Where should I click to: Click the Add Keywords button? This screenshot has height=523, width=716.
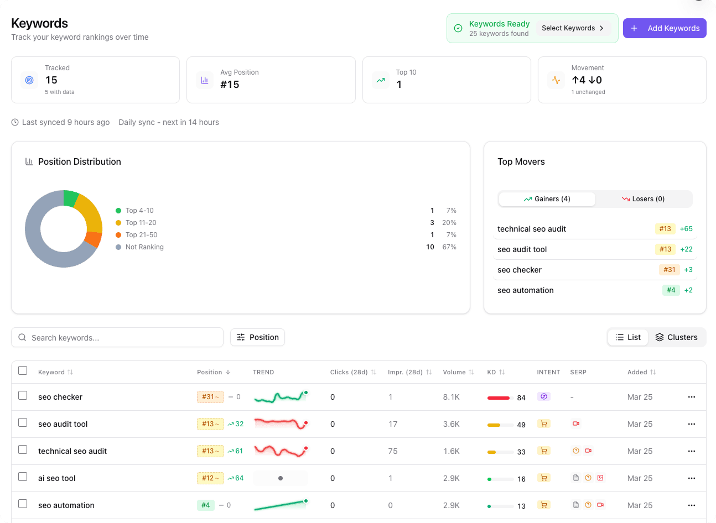pos(665,28)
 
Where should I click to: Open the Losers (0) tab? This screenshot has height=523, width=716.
pos(643,199)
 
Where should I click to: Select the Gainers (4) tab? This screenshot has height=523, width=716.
pos(547,199)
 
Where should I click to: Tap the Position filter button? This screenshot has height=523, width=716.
pos(257,337)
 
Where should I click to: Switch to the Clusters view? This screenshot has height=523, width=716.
pos(676,337)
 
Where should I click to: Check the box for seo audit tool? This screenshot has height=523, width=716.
pos(23,423)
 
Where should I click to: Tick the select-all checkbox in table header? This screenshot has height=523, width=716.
pos(23,371)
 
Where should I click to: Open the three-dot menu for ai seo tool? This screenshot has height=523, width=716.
pos(691,478)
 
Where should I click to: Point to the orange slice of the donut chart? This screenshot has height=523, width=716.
pos(94,239)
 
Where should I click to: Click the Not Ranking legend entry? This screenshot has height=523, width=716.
pos(144,247)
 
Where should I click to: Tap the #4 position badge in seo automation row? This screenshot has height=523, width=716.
pos(206,505)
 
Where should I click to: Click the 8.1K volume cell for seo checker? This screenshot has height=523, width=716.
pos(451,397)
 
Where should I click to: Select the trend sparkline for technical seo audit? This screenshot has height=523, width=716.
pos(281,451)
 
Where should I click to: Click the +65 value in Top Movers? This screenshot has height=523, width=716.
pos(686,229)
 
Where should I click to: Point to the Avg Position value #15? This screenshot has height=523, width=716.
pos(230,85)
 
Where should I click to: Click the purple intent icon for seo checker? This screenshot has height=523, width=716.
pos(543,396)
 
